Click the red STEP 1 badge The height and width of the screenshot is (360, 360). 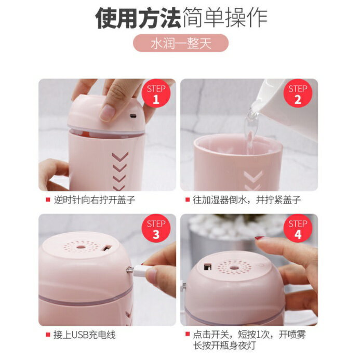[156, 94]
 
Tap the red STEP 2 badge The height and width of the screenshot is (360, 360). [298, 94]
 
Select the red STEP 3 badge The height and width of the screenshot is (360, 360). [156, 229]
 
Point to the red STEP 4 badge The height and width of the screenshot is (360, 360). [298, 229]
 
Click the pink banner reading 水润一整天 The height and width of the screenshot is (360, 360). [181, 43]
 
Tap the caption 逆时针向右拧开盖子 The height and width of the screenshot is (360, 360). [95, 200]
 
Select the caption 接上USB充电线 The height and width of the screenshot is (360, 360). [85, 335]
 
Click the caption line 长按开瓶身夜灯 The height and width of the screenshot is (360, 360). [224, 345]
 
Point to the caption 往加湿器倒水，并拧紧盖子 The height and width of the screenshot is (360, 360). [247, 200]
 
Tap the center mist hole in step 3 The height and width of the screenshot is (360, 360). [80, 247]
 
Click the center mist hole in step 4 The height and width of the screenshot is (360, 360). [234, 268]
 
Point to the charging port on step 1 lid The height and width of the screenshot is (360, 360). [132, 116]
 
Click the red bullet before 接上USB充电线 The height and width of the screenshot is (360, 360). [48, 335]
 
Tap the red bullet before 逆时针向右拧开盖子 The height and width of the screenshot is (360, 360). [48, 200]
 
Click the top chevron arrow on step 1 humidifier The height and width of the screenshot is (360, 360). [120, 157]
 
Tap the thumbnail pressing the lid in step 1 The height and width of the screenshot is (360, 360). [107, 113]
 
